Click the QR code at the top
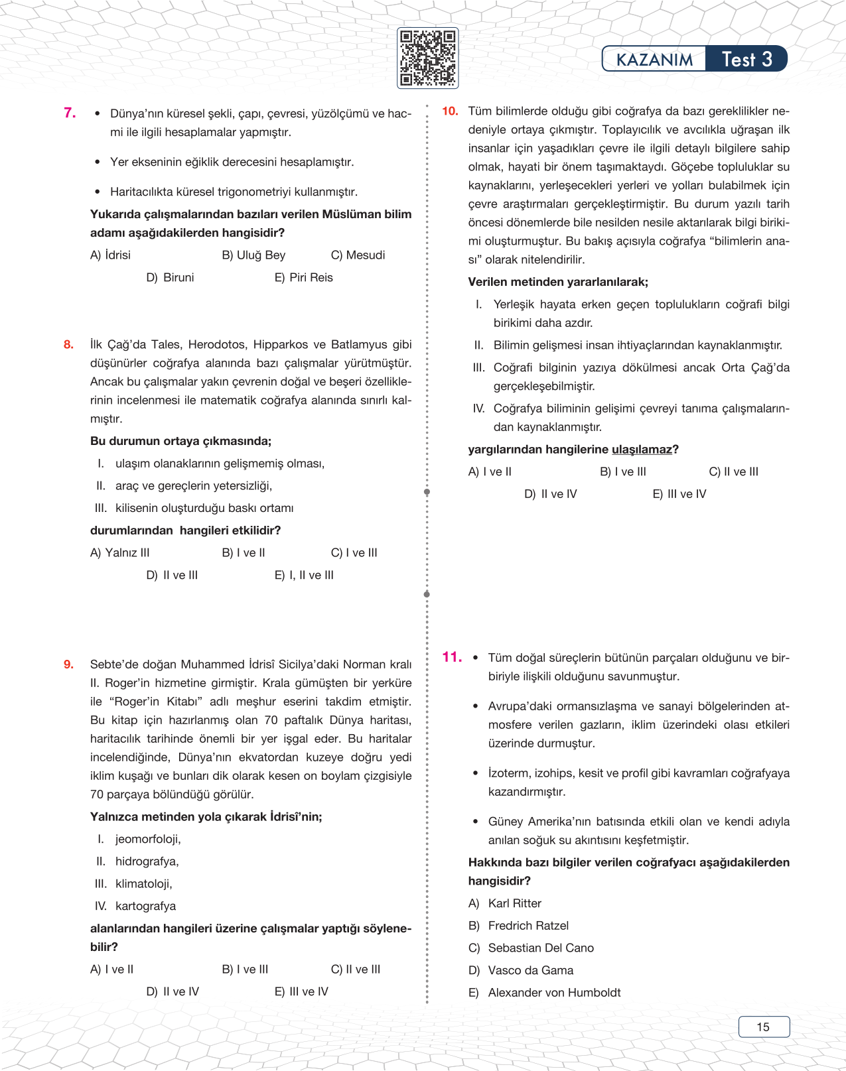click(427, 58)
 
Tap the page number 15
click(763, 1027)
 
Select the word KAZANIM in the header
click(654, 60)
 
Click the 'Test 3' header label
click(746, 59)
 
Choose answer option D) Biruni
click(171, 277)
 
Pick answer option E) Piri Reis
click(304, 277)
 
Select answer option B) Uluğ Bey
click(253, 255)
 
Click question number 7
click(70, 113)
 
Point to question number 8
click(68, 344)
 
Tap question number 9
click(68, 664)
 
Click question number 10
click(450, 111)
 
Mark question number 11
click(452, 657)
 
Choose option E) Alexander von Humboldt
click(545, 992)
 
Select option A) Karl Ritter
click(506, 903)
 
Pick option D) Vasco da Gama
click(522, 970)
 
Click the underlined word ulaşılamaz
click(642, 449)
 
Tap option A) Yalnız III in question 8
click(120, 552)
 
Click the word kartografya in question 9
click(145, 906)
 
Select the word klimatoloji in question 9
click(143, 883)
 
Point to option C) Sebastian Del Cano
click(531, 948)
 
